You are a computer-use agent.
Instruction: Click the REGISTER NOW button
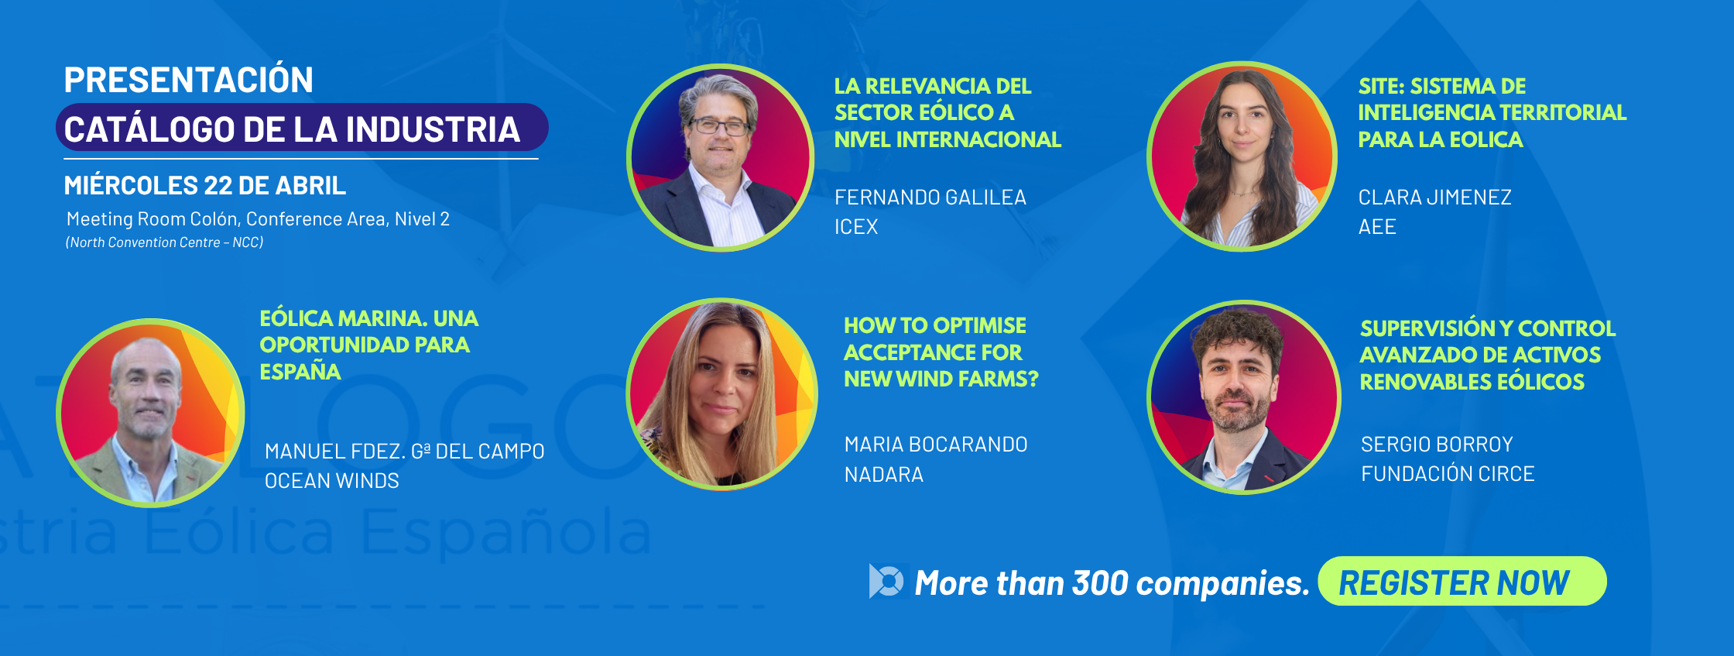pyautogui.click(x=1462, y=581)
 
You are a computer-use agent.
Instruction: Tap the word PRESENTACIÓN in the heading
pyautogui.click(x=189, y=80)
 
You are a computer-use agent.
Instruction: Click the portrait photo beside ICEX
pyautogui.click(x=720, y=157)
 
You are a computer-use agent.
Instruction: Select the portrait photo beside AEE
pyautogui.click(x=1242, y=156)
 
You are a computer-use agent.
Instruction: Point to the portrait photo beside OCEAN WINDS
pyautogui.click(x=151, y=413)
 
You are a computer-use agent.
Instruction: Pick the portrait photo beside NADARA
pyautogui.click(x=721, y=394)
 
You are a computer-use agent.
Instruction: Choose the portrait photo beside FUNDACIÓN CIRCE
pyautogui.click(x=1243, y=397)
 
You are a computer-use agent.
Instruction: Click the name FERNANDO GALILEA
pyautogui.click(x=930, y=197)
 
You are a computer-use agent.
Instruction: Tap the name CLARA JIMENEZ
pyautogui.click(x=1434, y=197)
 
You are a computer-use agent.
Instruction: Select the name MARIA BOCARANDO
pyautogui.click(x=936, y=445)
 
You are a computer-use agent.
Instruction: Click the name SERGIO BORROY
pyautogui.click(x=1437, y=445)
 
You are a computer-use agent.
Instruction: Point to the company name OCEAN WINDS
pyautogui.click(x=332, y=481)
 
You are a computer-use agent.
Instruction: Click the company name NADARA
pyautogui.click(x=884, y=475)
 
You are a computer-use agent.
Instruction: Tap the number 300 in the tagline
pyautogui.click(x=1100, y=583)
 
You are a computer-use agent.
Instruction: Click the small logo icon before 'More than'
pyautogui.click(x=887, y=581)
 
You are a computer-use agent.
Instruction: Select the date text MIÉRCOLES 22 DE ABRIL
pyautogui.click(x=205, y=186)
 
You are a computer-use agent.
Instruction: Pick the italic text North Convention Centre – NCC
pyautogui.click(x=165, y=242)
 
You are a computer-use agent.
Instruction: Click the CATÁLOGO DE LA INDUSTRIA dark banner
pyautogui.click(x=302, y=128)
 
